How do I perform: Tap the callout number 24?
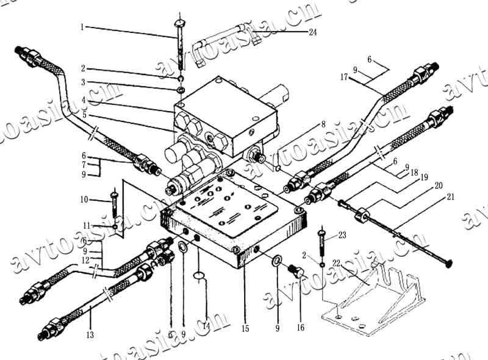[x=312, y=32]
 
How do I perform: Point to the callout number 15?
[x=245, y=328]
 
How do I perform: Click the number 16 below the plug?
[x=300, y=328]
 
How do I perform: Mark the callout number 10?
[x=83, y=200]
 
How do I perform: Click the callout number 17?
[x=344, y=77]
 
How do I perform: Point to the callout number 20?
[x=437, y=185]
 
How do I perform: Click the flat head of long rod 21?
[x=448, y=263]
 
